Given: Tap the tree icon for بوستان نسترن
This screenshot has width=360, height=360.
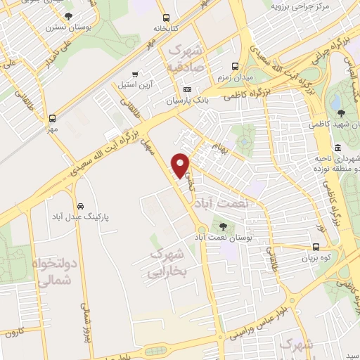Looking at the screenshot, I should (x=68, y=16).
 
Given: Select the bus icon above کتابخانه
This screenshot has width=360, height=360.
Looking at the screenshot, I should (x=165, y=18).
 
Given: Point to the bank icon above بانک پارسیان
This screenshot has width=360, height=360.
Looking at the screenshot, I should (x=187, y=90).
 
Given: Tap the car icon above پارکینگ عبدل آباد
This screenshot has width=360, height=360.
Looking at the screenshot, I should (x=81, y=206).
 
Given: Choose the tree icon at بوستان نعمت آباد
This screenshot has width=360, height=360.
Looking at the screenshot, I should (x=223, y=226).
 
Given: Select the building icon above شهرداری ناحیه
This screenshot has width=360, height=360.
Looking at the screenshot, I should (x=337, y=148).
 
